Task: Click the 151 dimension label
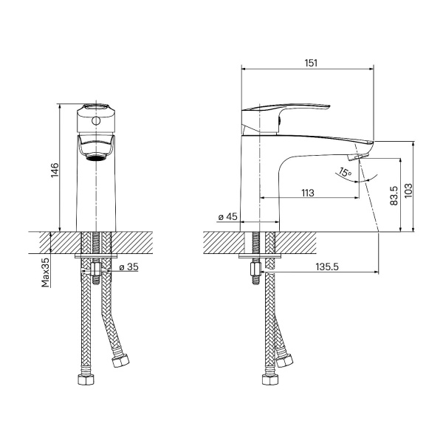tap(311, 63)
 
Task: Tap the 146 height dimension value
tap(55, 170)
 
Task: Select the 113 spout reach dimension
tap(308, 193)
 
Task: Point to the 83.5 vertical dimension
tap(394, 196)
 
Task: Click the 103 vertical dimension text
tap(408, 190)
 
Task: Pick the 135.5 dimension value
tap(327, 267)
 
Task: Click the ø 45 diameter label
tap(227, 216)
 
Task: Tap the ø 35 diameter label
tap(128, 267)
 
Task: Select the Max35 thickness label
tap(46, 272)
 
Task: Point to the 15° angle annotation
tap(345, 172)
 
